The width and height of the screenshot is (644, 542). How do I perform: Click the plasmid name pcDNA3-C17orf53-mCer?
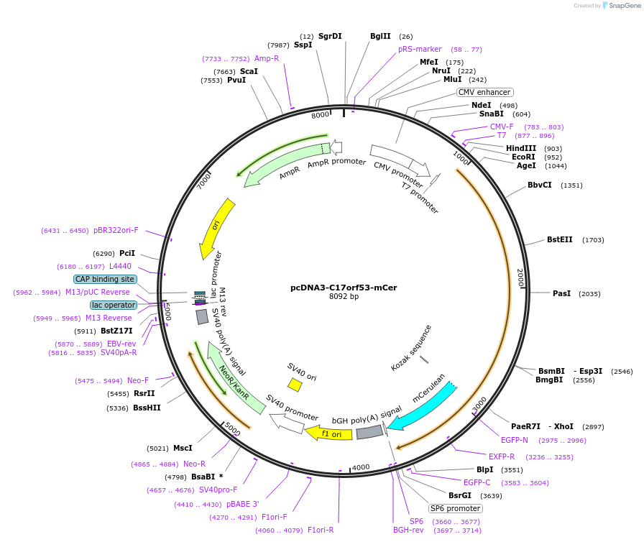[344, 287]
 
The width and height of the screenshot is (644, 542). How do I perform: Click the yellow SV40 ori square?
[295, 385]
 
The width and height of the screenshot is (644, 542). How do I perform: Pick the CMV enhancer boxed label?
[484, 92]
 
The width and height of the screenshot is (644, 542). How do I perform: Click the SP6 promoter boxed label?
[456, 508]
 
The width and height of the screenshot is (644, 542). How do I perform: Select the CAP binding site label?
[105, 279]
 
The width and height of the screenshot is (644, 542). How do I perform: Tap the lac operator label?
[114, 305]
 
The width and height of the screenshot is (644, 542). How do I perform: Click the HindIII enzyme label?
[521, 148]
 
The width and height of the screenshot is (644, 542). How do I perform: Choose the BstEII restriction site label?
[560, 239]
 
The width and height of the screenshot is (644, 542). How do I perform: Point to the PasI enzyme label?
[561, 293]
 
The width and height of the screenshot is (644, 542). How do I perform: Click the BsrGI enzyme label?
[460, 495]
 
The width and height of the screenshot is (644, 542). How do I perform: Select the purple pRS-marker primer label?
[420, 50]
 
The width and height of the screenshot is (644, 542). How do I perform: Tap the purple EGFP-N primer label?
[514, 440]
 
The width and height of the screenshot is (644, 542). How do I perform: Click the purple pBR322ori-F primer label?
[116, 231]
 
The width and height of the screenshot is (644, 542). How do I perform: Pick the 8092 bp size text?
[344, 296]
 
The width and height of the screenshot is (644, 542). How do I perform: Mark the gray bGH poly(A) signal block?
[369, 431]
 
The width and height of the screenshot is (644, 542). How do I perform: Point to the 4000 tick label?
[361, 467]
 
